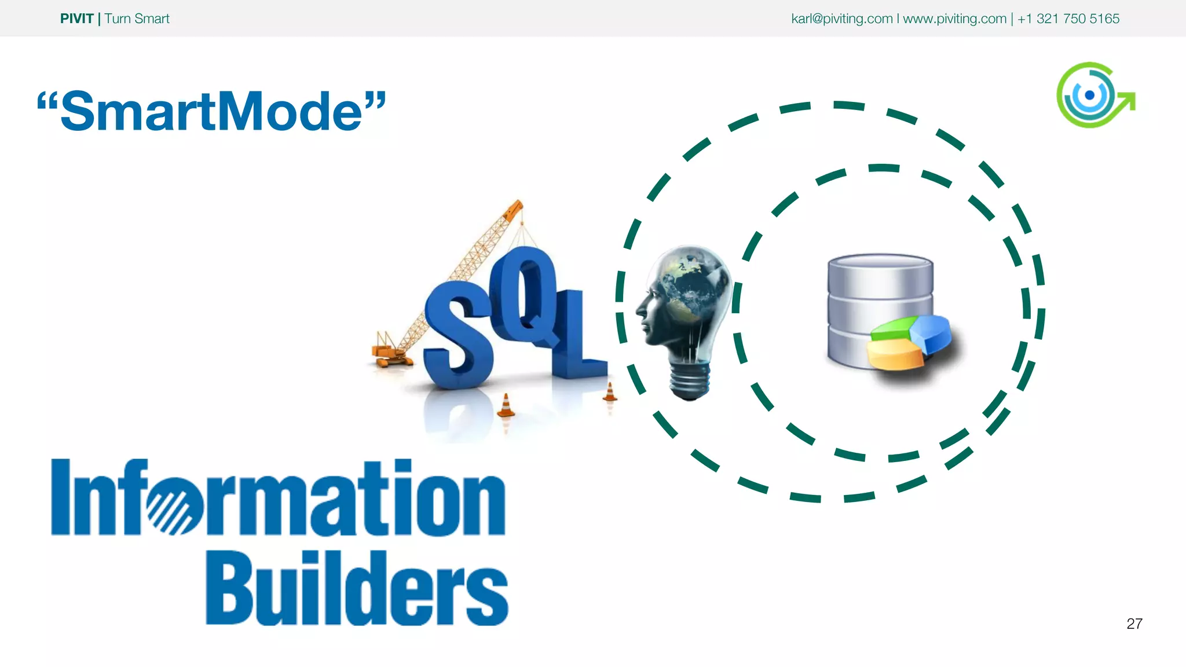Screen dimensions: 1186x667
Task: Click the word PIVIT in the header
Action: [76, 19]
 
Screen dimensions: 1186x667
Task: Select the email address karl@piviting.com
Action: [841, 19]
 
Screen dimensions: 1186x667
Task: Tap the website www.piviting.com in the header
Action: [954, 19]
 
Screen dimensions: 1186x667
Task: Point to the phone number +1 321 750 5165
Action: [1068, 19]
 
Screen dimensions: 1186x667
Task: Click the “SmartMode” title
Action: [211, 111]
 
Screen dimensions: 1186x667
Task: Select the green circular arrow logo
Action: [1093, 95]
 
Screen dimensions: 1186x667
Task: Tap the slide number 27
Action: [1134, 624]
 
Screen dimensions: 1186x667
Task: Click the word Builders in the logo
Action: [357, 589]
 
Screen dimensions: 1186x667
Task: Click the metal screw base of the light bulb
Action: [689, 382]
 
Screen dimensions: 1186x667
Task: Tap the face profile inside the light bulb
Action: [651, 313]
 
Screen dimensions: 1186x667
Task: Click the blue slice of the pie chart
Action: [931, 333]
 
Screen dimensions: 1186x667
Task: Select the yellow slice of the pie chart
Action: [895, 353]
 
